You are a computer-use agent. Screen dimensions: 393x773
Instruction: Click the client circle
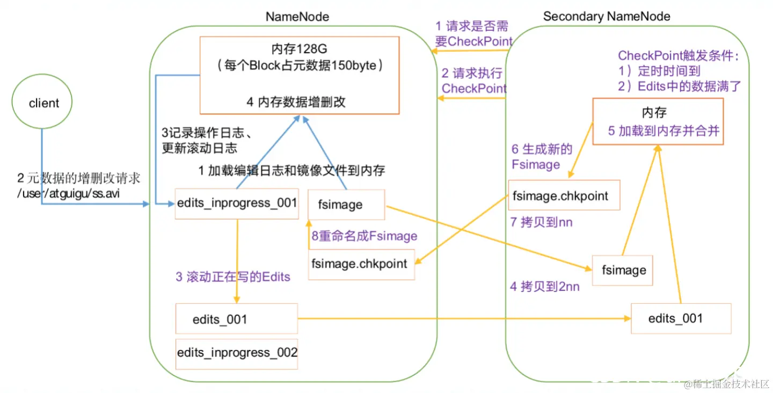pos(43,103)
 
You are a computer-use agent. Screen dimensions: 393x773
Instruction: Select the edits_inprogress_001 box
pos(237,203)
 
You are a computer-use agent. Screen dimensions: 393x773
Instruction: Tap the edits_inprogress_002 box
pos(237,353)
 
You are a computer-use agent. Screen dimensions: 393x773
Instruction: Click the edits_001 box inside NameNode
pos(237,319)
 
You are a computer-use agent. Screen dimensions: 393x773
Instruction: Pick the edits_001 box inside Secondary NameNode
pos(681,318)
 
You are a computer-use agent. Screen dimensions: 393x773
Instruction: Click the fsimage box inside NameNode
pos(346,205)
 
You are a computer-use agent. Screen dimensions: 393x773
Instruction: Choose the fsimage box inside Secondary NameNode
pos(623,270)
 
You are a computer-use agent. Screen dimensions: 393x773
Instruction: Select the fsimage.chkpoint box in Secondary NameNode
pos(564,195)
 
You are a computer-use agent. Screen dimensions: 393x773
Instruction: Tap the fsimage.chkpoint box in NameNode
pos(361,264)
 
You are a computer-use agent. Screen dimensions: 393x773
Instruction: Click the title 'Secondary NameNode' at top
pos(607,16)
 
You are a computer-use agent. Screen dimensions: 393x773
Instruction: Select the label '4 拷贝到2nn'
pos(544,287)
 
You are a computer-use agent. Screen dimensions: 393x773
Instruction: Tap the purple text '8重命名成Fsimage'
pos(364,236)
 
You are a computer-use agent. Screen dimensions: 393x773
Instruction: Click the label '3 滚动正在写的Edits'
pos(233,277)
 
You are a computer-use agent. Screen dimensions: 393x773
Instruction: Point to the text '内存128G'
pos(300,49)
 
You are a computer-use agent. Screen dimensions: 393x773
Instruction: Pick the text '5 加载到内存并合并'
pos(663,131)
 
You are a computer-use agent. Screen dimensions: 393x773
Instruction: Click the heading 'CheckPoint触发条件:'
pos(679,55)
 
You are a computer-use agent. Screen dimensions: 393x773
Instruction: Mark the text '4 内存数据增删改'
pos(296,102)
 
